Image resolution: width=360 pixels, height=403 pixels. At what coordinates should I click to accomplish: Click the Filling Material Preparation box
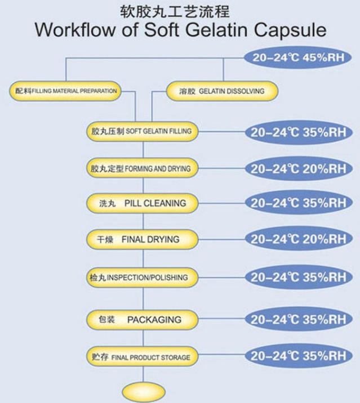(x=65, y=91)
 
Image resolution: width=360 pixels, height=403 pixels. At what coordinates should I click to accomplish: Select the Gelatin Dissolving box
(x=222, y=91)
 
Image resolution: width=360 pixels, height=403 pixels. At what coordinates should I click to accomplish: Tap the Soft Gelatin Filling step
(x=143, y=132)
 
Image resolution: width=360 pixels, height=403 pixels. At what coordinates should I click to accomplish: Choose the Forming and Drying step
(x=143, y=168)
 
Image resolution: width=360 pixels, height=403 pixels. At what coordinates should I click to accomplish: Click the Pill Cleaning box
(x=143, y=203)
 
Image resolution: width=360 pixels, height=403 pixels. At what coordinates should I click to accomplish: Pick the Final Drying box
(x=143, y=240)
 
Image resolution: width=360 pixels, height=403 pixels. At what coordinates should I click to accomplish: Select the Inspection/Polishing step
(x=143, y=277)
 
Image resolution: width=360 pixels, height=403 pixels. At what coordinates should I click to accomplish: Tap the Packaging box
(x=143, y=320)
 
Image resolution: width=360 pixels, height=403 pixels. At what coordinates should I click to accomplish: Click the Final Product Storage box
(x=143, y=356)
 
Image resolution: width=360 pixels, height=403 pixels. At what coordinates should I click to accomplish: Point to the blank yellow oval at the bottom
(x=144, y=392)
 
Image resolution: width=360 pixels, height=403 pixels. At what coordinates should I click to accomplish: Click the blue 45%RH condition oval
(x=298, y=57)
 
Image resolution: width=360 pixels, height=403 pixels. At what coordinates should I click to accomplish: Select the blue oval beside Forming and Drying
(x=299, y=169)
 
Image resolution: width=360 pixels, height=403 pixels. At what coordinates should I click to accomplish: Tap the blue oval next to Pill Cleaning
(x=299, y=203)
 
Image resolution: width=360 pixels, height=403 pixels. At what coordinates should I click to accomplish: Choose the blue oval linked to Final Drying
(x=299, y=239)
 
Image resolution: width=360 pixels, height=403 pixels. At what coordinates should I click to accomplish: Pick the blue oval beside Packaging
(x=299, y=320)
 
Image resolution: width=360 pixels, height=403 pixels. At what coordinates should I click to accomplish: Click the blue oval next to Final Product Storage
(x=299, y=356)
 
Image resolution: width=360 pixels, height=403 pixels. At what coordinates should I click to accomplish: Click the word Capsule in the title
(x=290, y=30)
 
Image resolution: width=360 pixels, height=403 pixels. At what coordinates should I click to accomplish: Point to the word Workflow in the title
(x=75, y=30)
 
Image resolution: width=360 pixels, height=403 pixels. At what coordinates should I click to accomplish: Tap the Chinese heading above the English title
(x=175, y=12)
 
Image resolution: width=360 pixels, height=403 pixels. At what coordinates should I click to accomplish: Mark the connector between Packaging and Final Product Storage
(x=143, y=338)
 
